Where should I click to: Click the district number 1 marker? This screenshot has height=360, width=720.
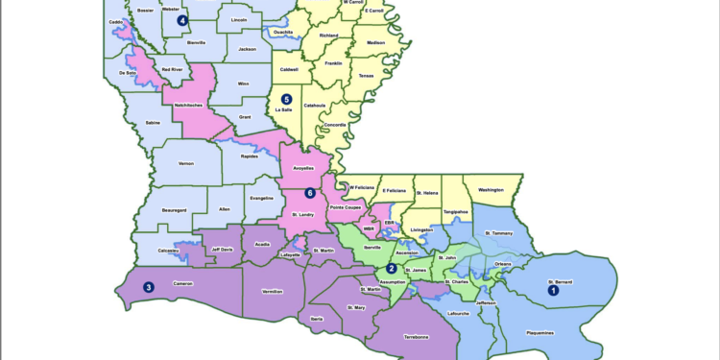point(552,287)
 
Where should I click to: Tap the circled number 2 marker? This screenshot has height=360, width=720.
point(392,268)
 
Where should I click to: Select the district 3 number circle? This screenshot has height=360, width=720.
point(149,286)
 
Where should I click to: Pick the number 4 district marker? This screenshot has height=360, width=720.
point(182,20)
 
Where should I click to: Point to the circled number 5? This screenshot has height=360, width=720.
point(285,98)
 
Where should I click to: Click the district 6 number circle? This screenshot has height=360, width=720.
point(310,193)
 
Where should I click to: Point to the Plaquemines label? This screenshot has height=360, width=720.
point(540,333)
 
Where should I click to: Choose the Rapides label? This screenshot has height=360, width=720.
point(250,155)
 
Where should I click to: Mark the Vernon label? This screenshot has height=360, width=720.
point(186,163)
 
